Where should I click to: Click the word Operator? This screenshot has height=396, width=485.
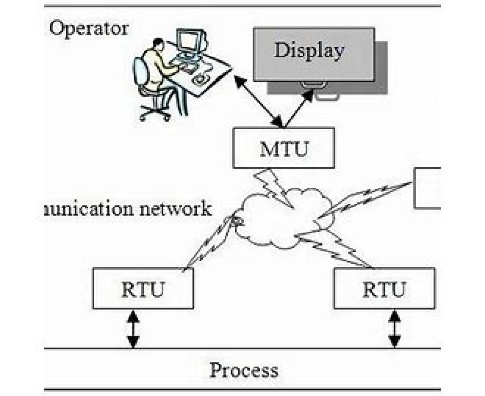coord(89,29)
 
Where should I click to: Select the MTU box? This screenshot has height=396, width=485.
coord(284,148)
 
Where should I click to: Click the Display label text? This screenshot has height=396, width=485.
coord(309,51)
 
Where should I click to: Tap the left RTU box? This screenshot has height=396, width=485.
coord(143,288)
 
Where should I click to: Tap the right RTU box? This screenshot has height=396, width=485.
coord(384,288)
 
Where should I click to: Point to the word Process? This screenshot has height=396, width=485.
coord(244,370)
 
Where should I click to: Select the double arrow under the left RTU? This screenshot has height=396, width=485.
coord(133,329)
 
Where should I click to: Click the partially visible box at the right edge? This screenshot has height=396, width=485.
coord(428,188)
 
